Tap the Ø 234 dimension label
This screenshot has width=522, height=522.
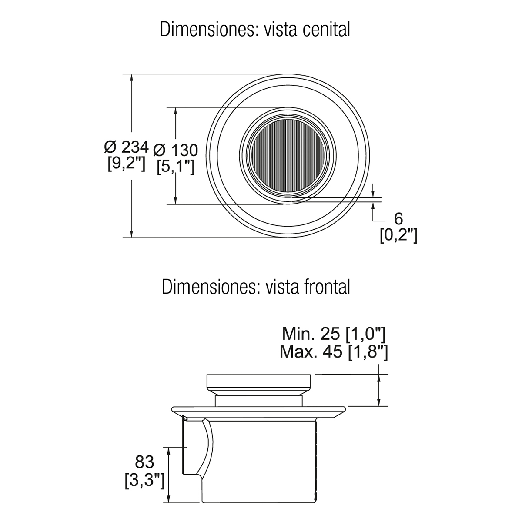(127, 147)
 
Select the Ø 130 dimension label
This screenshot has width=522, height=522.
(176, 151)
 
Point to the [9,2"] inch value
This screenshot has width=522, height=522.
(127, 164)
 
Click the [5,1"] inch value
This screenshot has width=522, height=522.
(176, 167)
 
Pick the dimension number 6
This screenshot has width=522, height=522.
(398, 219)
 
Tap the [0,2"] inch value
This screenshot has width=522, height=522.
(398, 235)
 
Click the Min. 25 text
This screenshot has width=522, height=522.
(311, 334)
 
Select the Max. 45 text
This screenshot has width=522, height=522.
(311, 352)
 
